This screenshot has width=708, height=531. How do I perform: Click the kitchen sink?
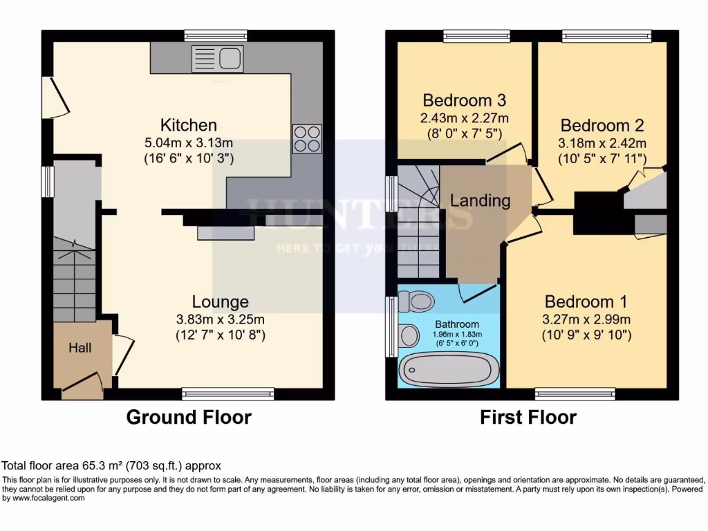[x=218, y=59]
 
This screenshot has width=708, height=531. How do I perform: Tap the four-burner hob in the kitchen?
[x=307, y=138]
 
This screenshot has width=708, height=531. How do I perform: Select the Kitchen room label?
[x=189, y=125]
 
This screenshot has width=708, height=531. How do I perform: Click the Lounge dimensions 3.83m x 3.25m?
[x=220, y=319]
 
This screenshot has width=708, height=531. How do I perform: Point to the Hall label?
[x=80, y=348]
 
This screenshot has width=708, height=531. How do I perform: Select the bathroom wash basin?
[x=409, y=335]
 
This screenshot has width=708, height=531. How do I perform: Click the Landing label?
[x=480, y=201]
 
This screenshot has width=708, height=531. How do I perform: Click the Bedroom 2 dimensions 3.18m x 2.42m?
[x=602, y=143]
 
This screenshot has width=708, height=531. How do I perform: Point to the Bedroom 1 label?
[x=586, y=301]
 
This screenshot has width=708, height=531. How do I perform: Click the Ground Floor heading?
[x=188, y=417]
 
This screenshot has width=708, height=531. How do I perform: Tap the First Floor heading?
[x=528, y=417]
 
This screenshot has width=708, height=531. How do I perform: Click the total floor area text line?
[x=111, y=466]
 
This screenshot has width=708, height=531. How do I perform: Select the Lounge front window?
[x=228, y=394]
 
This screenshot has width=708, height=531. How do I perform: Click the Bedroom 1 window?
[x=575, y=394]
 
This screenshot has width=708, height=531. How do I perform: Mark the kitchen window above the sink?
[x=216, y=36]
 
